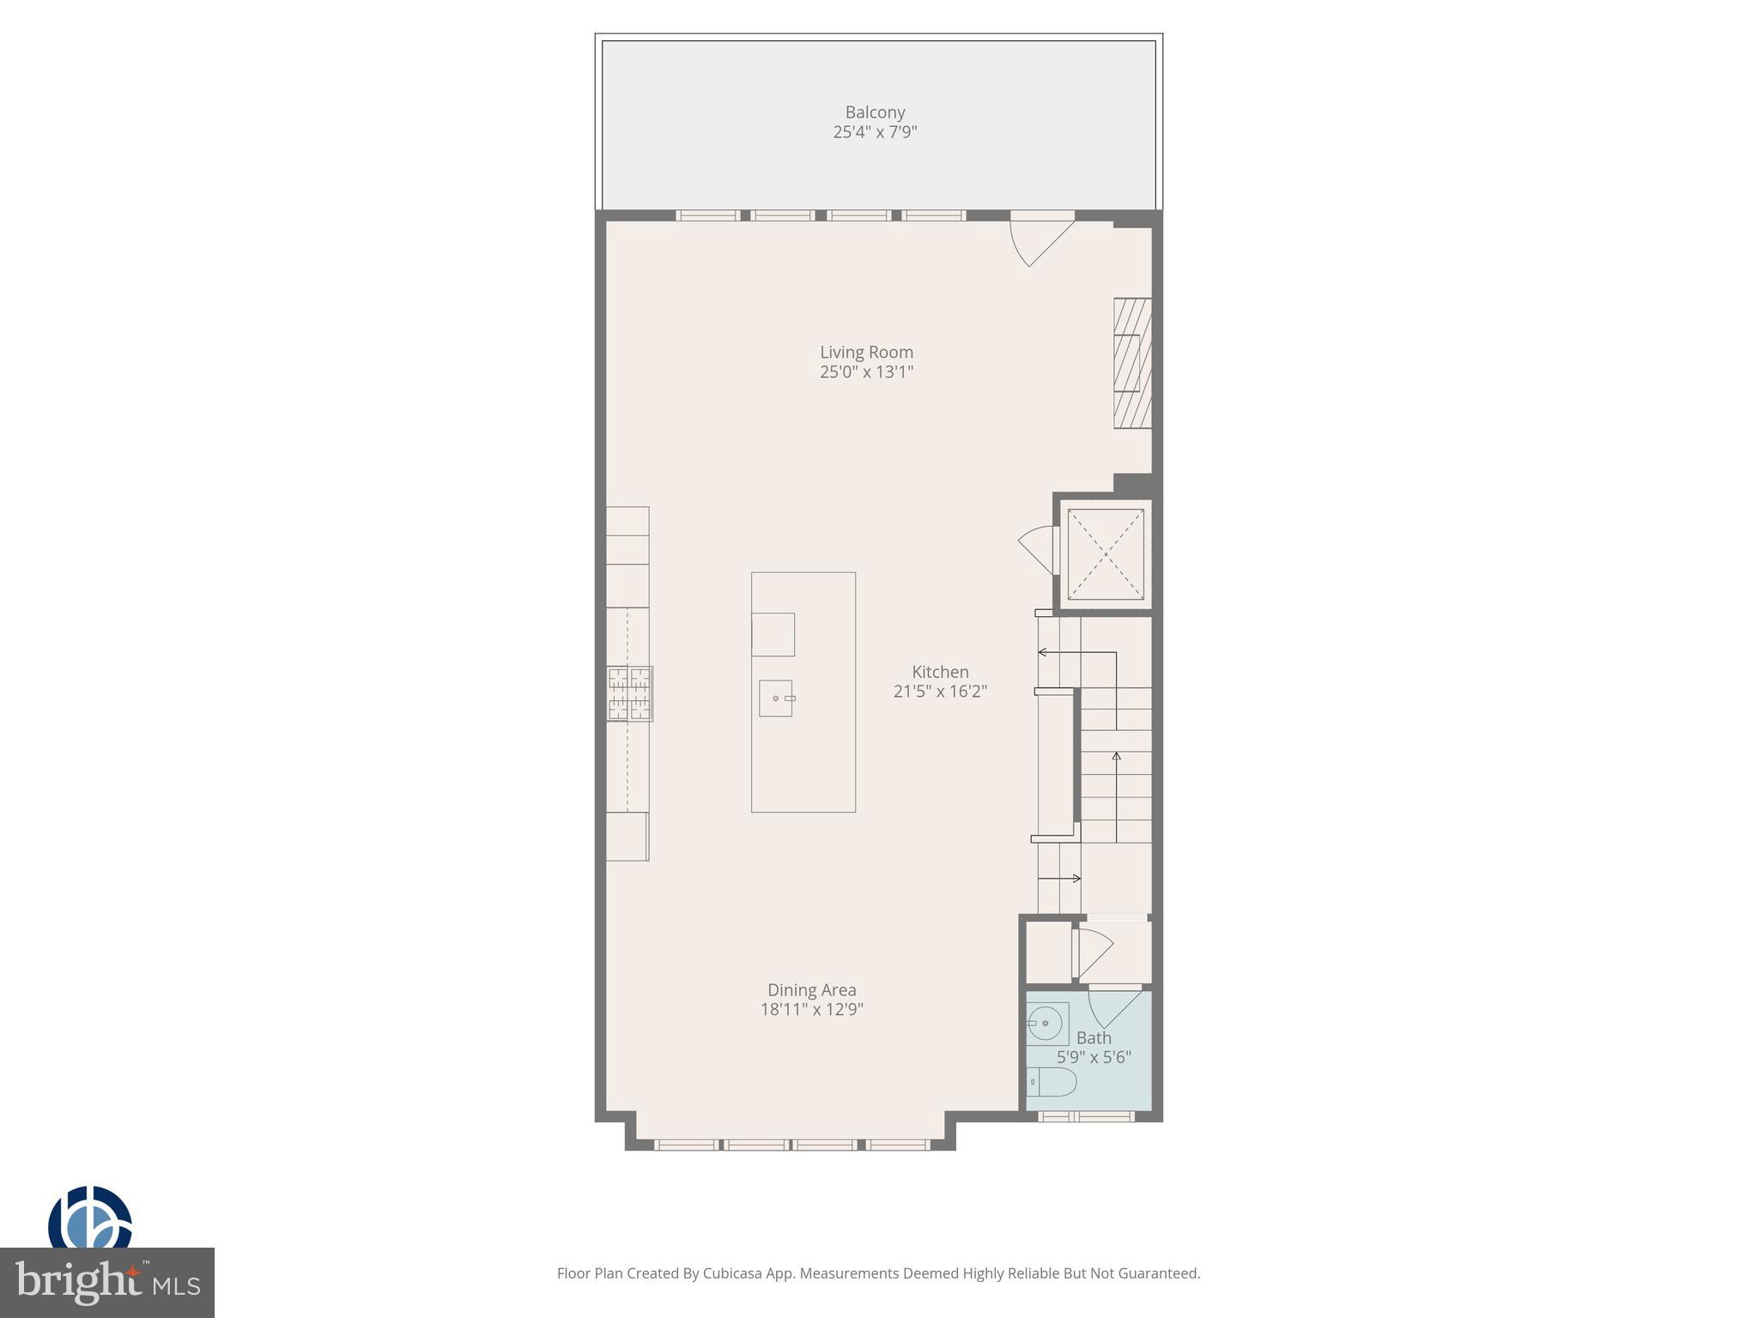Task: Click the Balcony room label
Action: click(875, 112)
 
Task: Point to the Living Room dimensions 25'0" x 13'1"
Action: click(866, 372)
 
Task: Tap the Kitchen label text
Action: click(940, 672)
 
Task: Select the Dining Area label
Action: click(811, 989)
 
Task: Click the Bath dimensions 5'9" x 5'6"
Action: click(1093, 1057)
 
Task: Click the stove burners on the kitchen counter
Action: click(630, 693)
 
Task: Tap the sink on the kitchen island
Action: click(776, 698)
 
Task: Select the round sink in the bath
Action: click(1046, 1024)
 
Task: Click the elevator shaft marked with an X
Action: click(1105, 554)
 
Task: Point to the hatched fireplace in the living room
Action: click(1132, 363)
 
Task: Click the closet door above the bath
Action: click(1094, 947)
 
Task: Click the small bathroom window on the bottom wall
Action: click(1087, 1116)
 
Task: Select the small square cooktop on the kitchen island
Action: click(773, 634)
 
